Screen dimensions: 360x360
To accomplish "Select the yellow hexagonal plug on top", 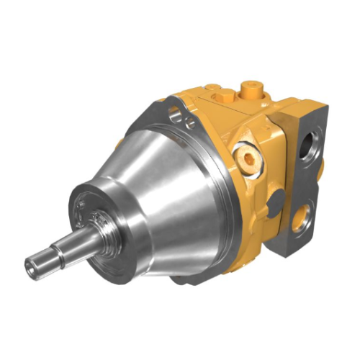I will pos(215,94).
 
